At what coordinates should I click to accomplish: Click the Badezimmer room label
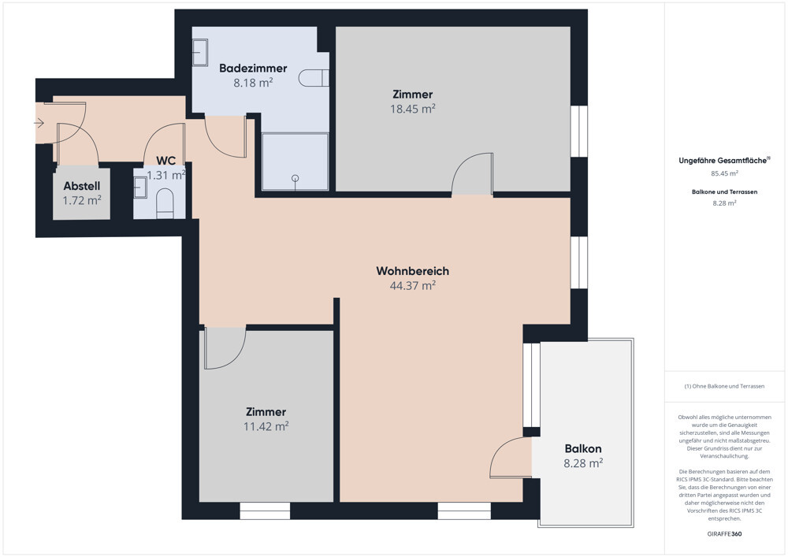pos(253,69)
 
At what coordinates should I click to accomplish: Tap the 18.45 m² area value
pos(413,109)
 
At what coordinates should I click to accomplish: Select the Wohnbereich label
pos(413,271)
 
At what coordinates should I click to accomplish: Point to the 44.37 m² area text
pos(413,285)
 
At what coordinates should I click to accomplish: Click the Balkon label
pos(583,448)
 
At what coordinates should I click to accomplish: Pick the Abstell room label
pos(82,187)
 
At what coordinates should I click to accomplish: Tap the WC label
pos(165,161)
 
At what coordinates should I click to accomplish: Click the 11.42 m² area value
pos(266,426)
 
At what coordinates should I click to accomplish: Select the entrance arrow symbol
pos(39,123)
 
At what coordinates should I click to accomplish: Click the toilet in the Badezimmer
pos(314,78)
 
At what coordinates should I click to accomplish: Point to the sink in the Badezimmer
pos(200,52)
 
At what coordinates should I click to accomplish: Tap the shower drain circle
pos(295,178)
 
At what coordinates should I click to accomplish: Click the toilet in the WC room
pos(165,203)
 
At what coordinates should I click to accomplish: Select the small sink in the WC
pos(140,188)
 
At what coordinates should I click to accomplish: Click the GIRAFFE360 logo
pos(724,534)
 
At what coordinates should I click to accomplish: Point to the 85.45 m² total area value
pos(724,173)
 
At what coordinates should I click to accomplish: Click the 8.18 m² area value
pos(253,83)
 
